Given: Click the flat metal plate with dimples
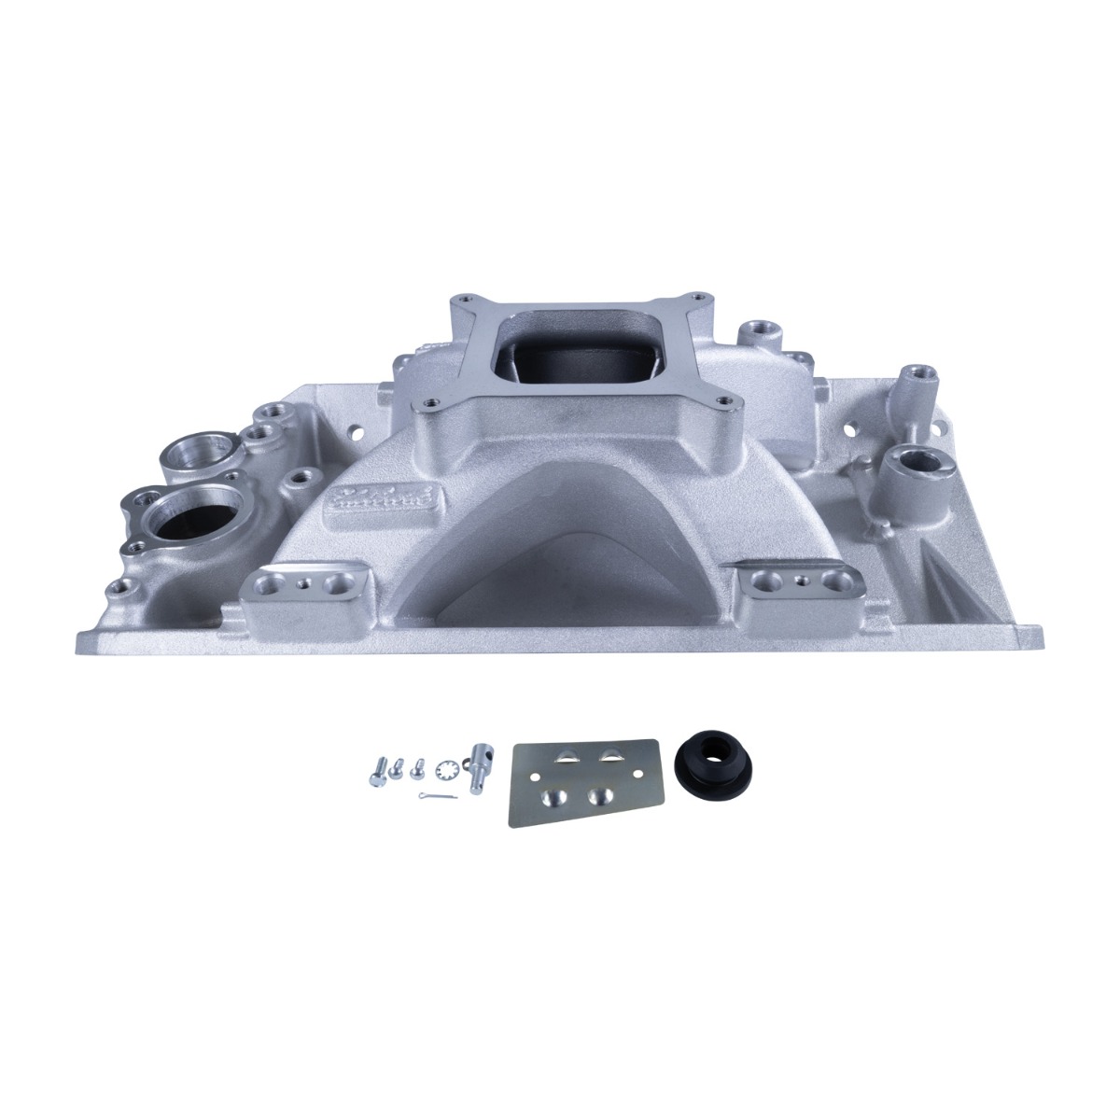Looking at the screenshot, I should (x=582, y=779).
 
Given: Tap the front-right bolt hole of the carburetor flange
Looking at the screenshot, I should (x=722, y=402).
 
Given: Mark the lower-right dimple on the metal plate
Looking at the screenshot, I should (x=603, y=795).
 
